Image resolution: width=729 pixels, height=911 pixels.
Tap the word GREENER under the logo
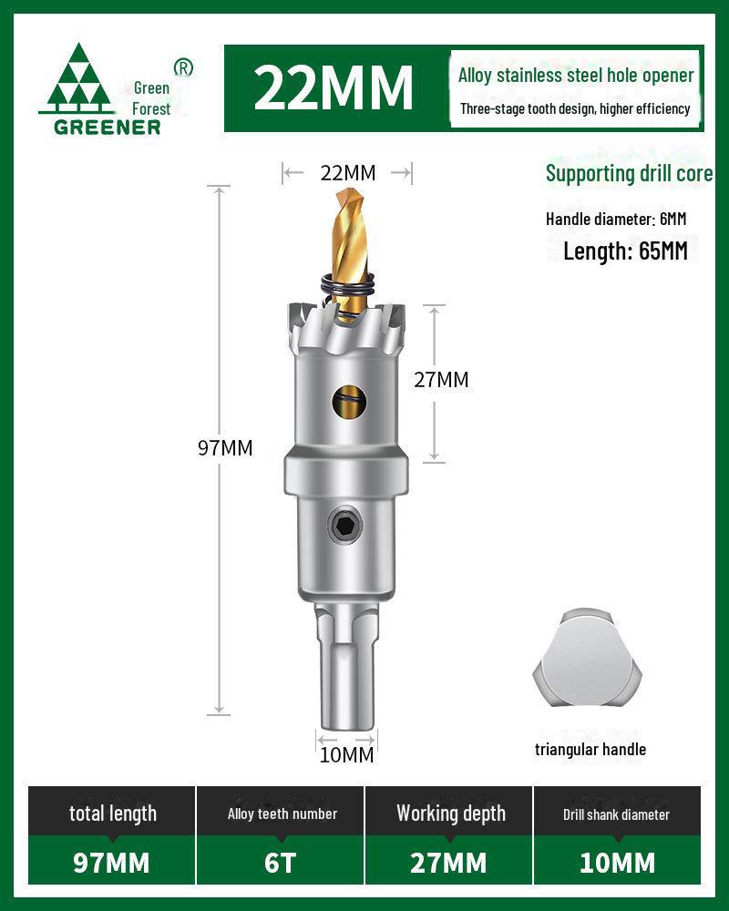(x=108, y=128)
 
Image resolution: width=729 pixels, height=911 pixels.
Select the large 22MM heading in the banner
(x=334, y=87)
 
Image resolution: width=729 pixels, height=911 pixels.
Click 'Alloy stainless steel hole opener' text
(x=576, y=76)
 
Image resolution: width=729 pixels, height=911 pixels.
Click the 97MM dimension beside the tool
(x=225, y=447)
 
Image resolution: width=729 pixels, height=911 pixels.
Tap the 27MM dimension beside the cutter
(x=441, y=380)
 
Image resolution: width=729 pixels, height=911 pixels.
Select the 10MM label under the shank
(x=346, y=754)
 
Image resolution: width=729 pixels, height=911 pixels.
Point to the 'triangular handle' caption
(x=590, y=750)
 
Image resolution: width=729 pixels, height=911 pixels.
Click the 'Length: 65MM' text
(x=625, y=251)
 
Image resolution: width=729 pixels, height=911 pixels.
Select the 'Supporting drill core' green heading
(x=629, y=173)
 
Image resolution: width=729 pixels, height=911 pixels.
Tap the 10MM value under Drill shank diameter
(x=617, y=862)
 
